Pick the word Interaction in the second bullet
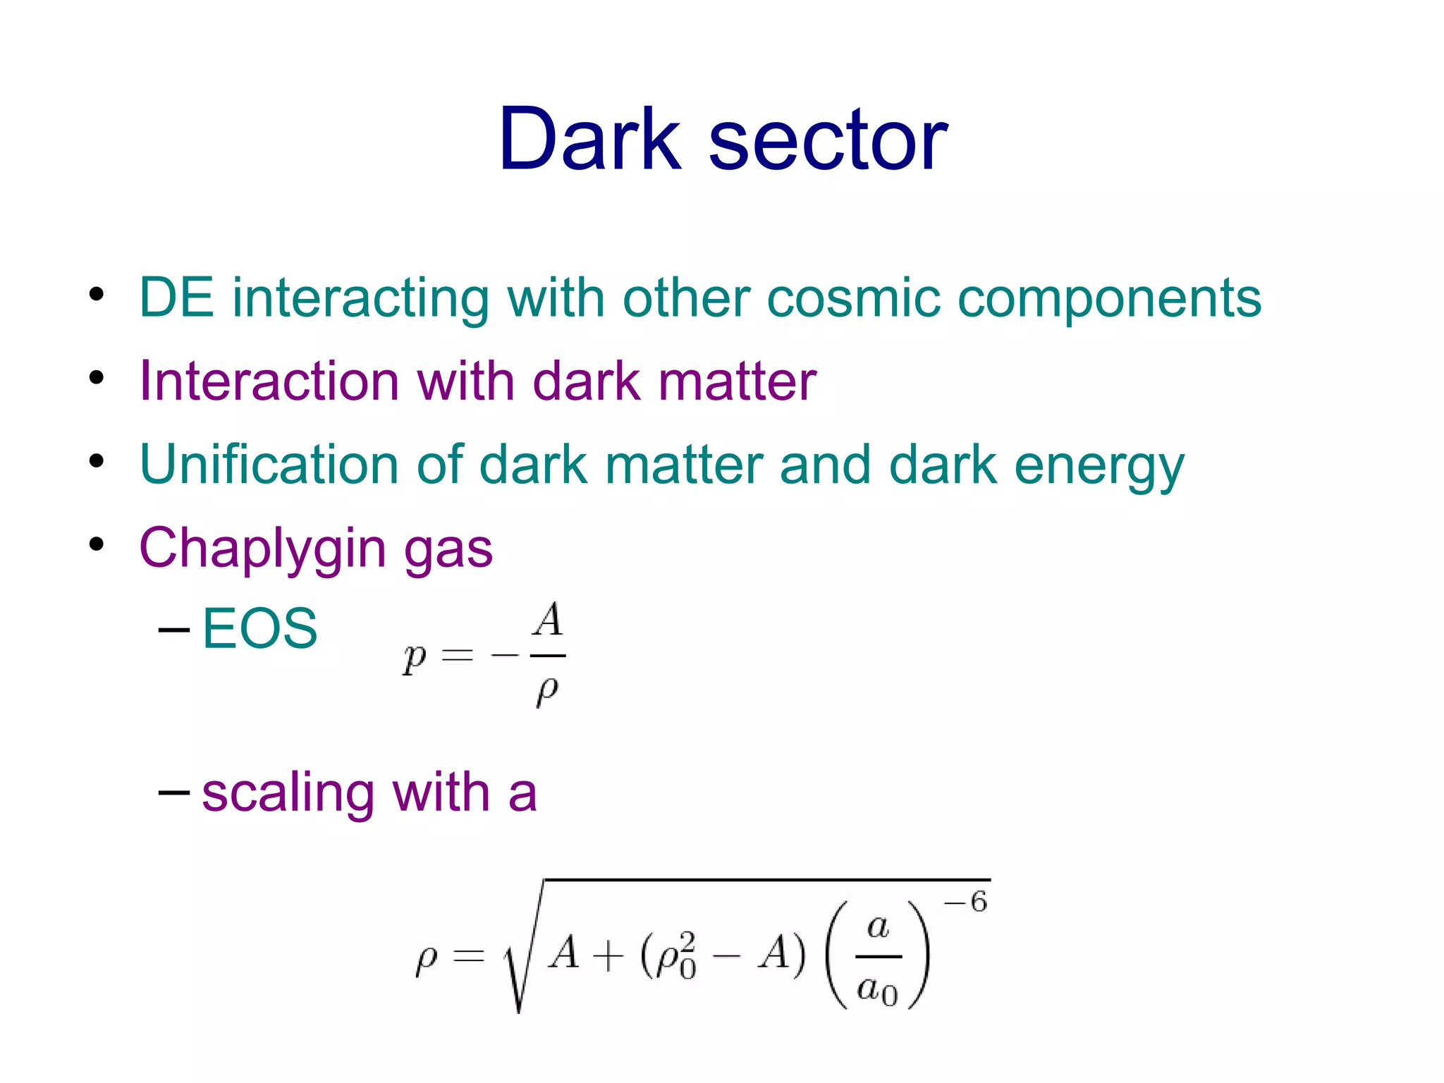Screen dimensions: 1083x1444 point(269,381)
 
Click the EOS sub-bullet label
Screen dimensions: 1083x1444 point(259,628)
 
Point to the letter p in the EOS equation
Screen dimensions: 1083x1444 point(415,659)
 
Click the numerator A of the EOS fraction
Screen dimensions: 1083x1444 point(548,620)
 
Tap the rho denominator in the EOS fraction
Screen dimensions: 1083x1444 point(547,691)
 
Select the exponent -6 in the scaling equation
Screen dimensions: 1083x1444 point(966,902)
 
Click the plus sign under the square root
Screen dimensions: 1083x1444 point(608,956)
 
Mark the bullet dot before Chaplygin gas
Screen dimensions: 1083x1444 point(97,544)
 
